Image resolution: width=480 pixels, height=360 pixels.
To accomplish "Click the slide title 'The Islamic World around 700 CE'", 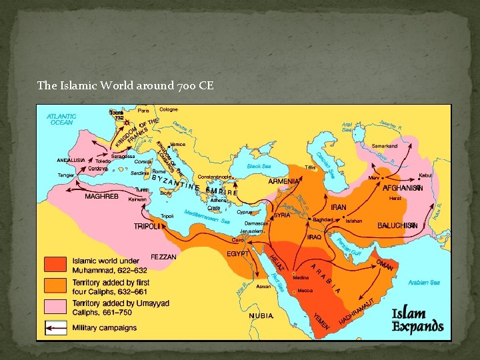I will coord(125,85).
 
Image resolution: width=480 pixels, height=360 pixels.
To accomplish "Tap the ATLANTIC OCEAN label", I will coord(61,119).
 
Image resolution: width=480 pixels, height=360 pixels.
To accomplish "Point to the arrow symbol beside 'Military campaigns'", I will coord(56,327).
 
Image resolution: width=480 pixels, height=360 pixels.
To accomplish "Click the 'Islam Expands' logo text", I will coord(417,319).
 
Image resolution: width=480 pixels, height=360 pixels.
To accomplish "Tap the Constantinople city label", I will coord(215,177).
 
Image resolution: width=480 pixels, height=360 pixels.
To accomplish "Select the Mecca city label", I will coord(305,291).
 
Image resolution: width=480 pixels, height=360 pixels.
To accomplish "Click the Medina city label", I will coord(301,278).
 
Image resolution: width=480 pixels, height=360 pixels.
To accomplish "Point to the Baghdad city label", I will coord(322,219).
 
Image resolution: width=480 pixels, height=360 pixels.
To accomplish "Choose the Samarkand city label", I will coord(384,145).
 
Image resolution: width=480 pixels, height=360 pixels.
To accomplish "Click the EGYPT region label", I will coord(238,254).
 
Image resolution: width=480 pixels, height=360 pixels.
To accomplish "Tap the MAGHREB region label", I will coord(101,197).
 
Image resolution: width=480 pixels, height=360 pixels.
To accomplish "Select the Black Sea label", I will coord(259,167).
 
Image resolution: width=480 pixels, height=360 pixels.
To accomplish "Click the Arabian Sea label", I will coord(424,282).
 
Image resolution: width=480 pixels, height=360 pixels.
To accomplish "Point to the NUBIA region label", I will coord(261,315).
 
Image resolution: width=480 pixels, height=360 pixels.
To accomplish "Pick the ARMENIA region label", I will coord(284,181).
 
